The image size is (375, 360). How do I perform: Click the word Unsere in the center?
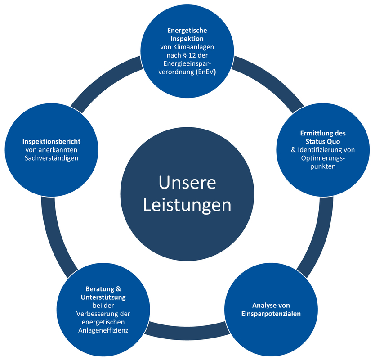pyautogui.click(x=187, y=183)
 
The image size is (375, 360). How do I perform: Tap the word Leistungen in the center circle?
pyautogui.click(x=187, y=206)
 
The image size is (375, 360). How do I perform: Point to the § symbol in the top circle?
pyautogui.click(x=184, y=55)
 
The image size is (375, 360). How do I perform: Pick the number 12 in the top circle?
pyautogui.click(x=192, y=55)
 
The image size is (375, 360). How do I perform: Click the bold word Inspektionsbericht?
pyautogui.click(x=51, y=142)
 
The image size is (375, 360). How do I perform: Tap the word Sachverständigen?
pyautogui.click(x=51, y=158)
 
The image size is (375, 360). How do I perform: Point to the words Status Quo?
pyautogui.click(x=323, y=142)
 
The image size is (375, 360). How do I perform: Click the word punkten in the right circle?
pyautogui.click(x=323, y=166)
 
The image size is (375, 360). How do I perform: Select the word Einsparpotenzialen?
pyautogui.click(x=271, y=314)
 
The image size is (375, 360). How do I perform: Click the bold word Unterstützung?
pyautogui.click(x=103, y=297)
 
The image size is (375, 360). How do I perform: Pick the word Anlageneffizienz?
pyautogui.click(x=103, y=331)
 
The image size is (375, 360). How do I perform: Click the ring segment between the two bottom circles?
pyautogui.click(x=187, y=332)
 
